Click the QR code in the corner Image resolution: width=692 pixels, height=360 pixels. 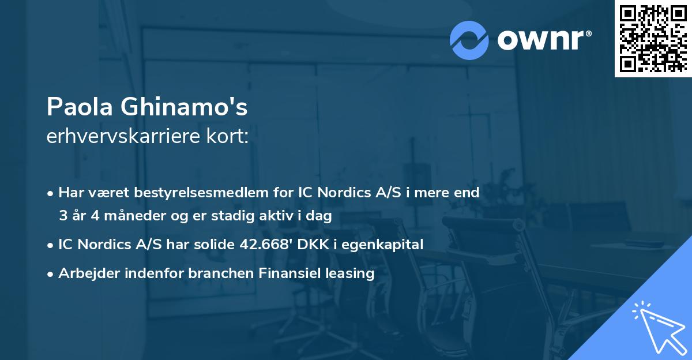652,38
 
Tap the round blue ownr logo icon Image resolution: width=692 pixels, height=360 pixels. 469,40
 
